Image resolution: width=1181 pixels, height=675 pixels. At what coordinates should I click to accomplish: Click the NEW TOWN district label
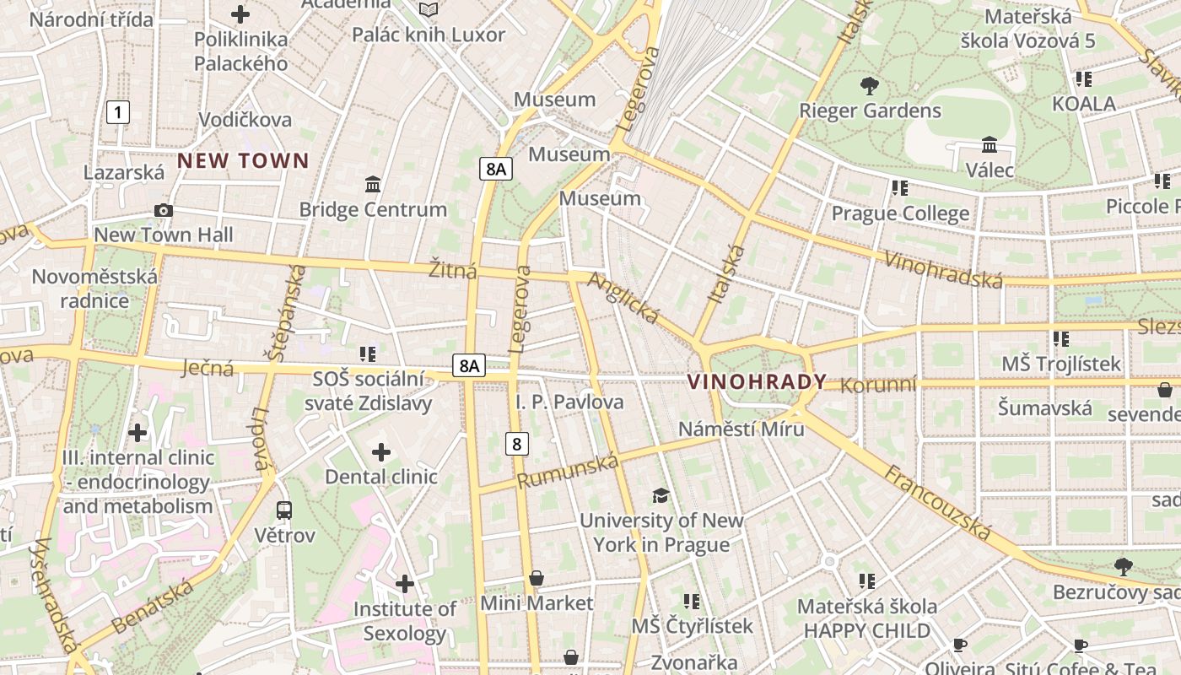click(x=243, y=160)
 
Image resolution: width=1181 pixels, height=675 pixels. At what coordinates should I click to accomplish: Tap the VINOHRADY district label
click(x=757, y=381)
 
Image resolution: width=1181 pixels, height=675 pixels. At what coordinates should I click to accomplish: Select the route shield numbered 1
click(x=119, y=111)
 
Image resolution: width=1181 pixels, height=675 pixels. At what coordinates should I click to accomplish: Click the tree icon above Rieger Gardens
click(x=869, y=86)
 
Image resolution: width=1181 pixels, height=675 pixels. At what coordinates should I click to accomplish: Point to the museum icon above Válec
click(x=990, y=145)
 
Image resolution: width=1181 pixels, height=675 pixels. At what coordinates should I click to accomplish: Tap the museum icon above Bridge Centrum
click(x=373, y=184)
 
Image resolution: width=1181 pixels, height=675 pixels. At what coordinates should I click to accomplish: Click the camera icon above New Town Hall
click(x=164, y=210)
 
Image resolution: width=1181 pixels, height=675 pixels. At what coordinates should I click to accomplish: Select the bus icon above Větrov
click(x=284, y=510)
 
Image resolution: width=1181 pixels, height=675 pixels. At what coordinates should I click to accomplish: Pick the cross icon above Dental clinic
click(x=381, y=452)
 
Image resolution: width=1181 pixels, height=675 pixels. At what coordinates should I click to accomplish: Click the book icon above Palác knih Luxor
click(x=429, y=9)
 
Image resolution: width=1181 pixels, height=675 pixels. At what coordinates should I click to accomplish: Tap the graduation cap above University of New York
click(x=661, y=495)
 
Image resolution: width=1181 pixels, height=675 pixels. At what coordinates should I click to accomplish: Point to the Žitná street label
click(x=452, y=270)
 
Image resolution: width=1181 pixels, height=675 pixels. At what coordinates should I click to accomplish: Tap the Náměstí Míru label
click(x=741, y=429)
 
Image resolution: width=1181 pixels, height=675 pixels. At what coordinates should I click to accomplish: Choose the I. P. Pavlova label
click(x=569, y=402)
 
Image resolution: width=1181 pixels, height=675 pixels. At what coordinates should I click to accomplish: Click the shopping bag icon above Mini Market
click(x=536, y=578)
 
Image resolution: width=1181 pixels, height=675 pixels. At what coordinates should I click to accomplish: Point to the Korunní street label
click(x=878, y=385)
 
